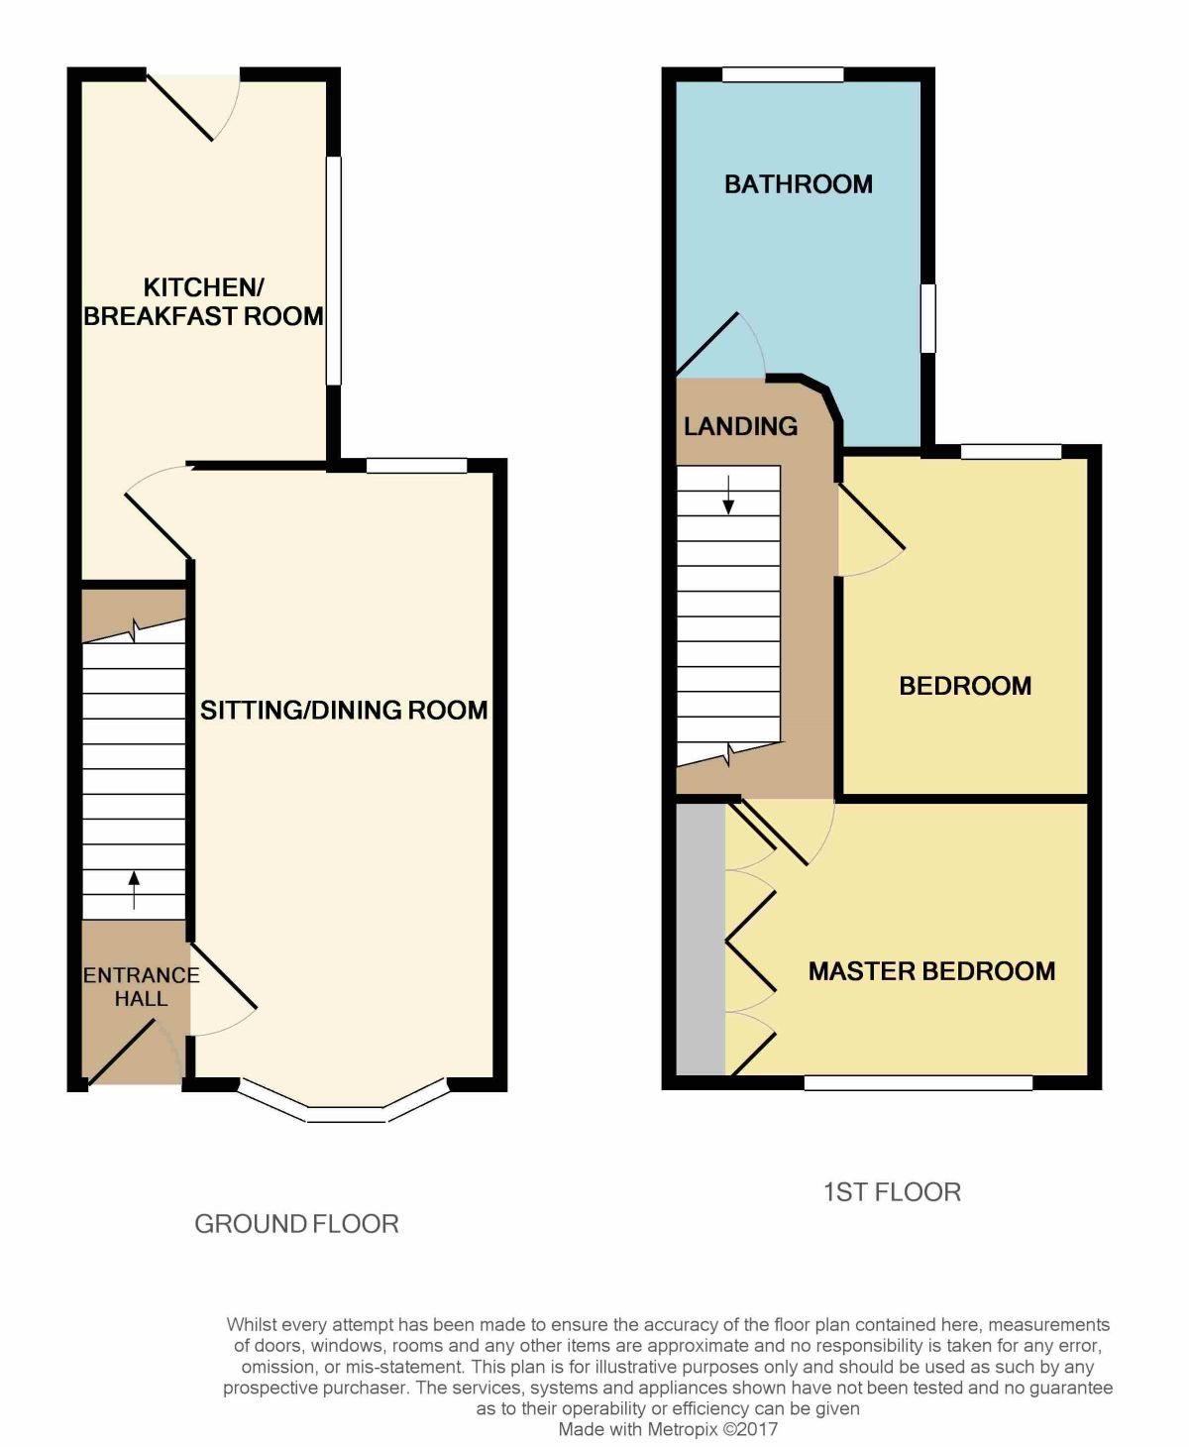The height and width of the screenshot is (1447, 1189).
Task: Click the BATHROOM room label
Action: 798,184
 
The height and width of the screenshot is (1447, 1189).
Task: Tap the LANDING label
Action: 740,426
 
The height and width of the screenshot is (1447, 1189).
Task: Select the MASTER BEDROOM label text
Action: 931,971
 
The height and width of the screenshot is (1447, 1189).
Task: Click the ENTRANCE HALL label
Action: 142,986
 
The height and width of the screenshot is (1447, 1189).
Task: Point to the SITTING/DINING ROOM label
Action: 344,710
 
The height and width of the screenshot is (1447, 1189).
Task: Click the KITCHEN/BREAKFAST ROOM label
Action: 204,301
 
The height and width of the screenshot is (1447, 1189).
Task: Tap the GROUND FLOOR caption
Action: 296,1223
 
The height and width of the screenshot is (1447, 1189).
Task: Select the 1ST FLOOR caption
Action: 892,1191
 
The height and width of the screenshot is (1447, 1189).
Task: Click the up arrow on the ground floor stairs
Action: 134,891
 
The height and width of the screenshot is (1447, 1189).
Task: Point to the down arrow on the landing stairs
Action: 728,494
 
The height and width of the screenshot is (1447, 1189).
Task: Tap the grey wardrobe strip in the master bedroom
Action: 701,939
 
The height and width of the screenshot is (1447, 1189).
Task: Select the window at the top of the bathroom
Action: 783,74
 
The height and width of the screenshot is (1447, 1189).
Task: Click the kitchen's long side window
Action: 334,271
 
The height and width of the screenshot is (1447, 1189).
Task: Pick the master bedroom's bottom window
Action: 918,1082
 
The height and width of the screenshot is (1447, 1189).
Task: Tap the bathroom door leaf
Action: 707,345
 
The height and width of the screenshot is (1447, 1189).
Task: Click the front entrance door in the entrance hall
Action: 121,1053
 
